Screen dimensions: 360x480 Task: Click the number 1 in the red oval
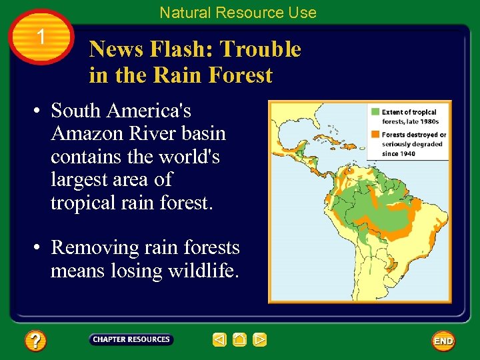(x=41, y=37)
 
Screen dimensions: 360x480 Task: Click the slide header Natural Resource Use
(x=238, y=12)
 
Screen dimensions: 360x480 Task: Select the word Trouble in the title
(x=261, y=49)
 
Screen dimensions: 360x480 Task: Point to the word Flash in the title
(x=183, y=49)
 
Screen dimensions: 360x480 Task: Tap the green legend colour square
(x=376, y=111)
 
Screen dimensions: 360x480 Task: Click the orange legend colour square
(x=376, y=134)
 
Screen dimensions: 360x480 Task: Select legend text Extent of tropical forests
(x=409, y=117)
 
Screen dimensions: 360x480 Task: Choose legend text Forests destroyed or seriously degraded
(x=413, y=143)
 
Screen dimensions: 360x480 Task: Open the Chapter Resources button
(x=131, y=339)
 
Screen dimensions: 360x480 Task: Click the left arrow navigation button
(x=219, y=340)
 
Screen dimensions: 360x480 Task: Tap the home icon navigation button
(x=240, y=340)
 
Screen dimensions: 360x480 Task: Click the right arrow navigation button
(x=260, y=340)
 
